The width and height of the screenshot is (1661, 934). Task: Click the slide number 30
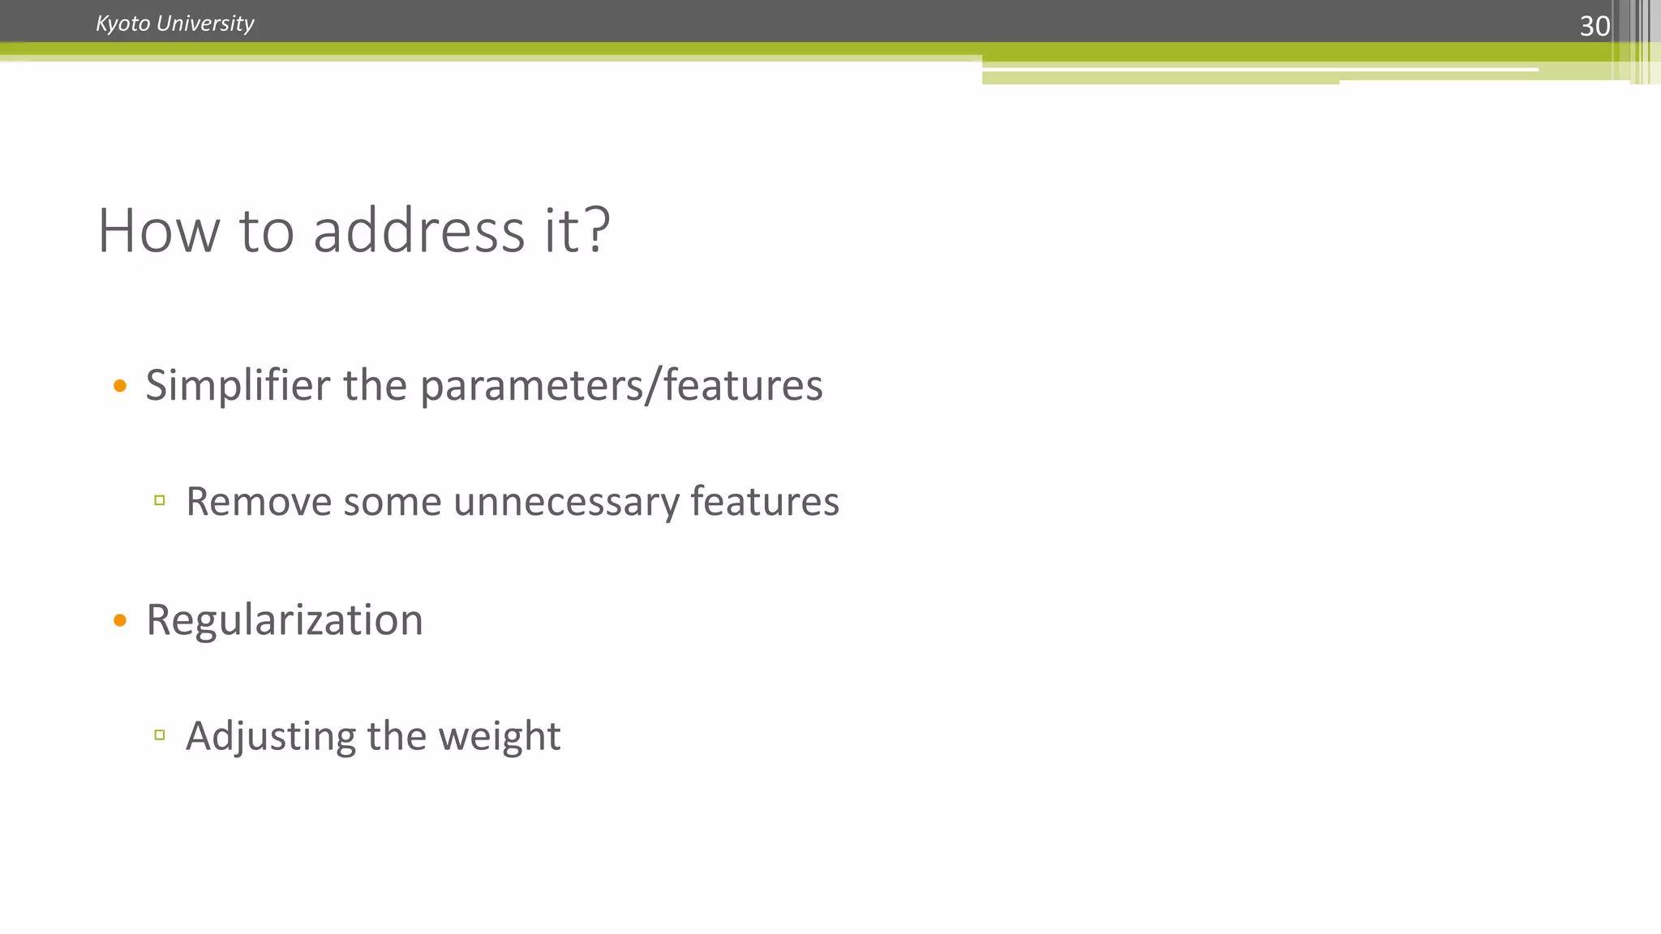(1594, 26)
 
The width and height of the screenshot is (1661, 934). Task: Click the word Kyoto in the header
(122, 24)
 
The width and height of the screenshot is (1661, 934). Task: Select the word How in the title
(158, 231)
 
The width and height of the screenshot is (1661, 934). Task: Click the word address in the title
(418, 231)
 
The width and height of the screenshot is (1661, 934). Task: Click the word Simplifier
(237, 385)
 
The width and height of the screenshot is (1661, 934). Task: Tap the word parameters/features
(621, 385)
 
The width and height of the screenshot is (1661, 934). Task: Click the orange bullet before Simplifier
(120, 386)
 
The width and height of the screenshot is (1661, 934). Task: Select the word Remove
(259, 501)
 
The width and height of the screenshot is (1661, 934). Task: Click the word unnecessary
(566, 503)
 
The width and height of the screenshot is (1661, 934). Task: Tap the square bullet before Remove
(160, 500)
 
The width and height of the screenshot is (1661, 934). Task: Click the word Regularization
(285, 620)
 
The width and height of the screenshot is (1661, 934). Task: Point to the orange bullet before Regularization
(120, 621)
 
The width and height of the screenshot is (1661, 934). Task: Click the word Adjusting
(271, 737)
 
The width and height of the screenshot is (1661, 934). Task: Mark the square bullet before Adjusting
(160, 735)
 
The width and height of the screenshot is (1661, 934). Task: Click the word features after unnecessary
(764, 501)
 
